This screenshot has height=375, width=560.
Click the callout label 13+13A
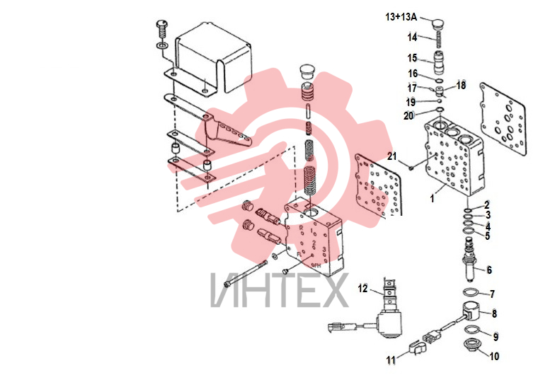coord(401,17)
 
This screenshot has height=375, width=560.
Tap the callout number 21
coord(392,156)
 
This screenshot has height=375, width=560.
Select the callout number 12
coord(362,288)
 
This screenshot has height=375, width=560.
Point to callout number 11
coord(391,360)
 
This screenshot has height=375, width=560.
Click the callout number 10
coord(494,356)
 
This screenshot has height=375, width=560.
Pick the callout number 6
coord(489,270)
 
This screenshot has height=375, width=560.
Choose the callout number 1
coord(432,198)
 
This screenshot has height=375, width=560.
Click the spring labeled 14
coord(439,40)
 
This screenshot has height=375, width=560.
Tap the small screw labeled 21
coord(411,166)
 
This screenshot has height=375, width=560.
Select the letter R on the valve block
coord(301,227)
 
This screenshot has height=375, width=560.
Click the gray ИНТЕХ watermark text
coord(279,289)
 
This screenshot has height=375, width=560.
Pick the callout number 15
coord(412,58)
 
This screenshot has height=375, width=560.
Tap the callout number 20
coord(408,115)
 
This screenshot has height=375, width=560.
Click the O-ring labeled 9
coord(472,329)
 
